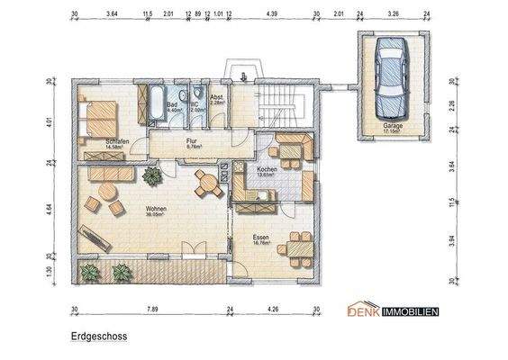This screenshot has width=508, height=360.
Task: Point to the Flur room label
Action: (193, 141)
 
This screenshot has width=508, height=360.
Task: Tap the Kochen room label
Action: (266, 168)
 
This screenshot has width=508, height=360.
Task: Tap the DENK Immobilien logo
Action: (393, 311)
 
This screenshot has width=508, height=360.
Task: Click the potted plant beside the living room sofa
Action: (150, 174)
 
